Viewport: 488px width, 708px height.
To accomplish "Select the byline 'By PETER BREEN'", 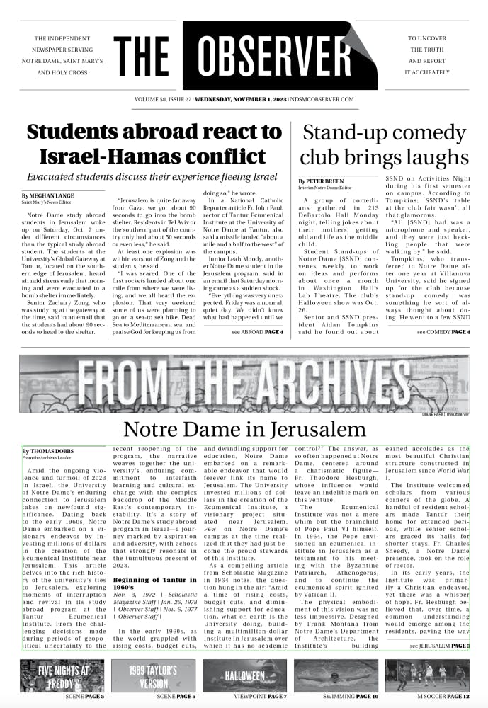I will click(x=324, y=182).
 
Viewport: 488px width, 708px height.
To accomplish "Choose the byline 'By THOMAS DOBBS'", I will click(x=47, y=450).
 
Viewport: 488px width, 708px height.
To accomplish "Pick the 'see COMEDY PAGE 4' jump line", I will click(x=443, y=331).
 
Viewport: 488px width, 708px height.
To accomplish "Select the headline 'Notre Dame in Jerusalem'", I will click(x=244, y=429).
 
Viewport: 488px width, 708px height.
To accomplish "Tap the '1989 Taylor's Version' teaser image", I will click(x=153, y=675).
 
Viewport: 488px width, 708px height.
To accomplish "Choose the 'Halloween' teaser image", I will click(x=244, y=675).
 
